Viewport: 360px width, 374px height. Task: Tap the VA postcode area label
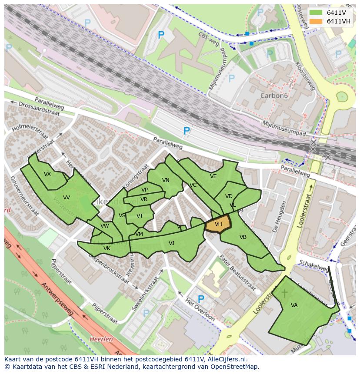[294, 305]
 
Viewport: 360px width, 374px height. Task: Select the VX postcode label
[47, 174]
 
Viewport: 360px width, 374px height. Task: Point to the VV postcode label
[66, 197]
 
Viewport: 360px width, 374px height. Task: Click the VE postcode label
[213, 176]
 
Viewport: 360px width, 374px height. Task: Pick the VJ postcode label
[171, 243]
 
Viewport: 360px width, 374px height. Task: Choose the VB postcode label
[243, 237]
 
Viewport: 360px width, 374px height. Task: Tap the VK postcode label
[107, 248]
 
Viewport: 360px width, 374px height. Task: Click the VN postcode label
[166, 180]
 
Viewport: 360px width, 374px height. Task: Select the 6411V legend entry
[335, 13]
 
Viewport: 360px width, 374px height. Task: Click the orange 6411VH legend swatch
[316, 22]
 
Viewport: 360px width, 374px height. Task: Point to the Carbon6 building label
[274, 95]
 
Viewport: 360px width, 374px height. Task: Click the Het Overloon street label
[200, 311]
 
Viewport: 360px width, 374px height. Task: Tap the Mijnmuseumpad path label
[284, 129]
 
